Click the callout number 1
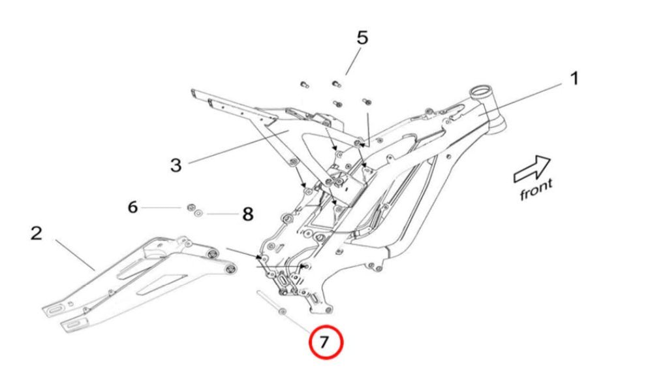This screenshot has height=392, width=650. (574, 79)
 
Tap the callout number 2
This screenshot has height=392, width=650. (37, 233)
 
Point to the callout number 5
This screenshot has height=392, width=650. (362, 37)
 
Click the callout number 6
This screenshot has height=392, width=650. (132, 207)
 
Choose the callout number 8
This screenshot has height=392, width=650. (247, 214)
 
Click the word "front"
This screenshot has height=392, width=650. (536, 190)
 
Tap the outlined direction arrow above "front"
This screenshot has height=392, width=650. (532, 169)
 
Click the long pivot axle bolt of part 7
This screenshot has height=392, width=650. (270, 304)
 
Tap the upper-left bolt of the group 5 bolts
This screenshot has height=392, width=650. (304, 84)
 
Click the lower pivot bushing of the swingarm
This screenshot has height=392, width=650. (230, 269)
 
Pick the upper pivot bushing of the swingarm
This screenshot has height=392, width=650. (211, 253)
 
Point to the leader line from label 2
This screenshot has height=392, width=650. (75, 254)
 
